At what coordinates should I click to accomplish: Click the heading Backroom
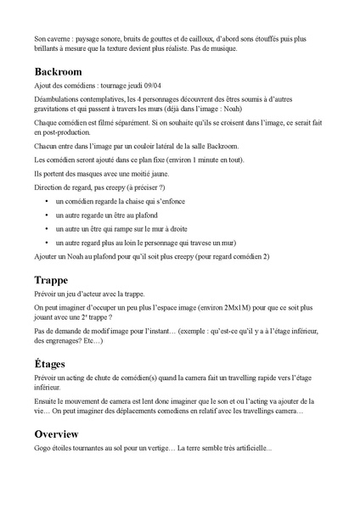pyautogui.click(x=63, y=72)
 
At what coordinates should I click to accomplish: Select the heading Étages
pyautogui.click(x=53, y=363)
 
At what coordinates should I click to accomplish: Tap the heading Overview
pyautogui.click(x=62, y=433)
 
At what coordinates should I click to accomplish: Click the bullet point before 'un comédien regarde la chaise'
pyautogui.click(x=46, y=201)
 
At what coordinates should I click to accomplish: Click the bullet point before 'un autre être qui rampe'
pyautogui.click(x=46, y=229)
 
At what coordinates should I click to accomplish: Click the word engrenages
pyautogui.click(x=73, y=341)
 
